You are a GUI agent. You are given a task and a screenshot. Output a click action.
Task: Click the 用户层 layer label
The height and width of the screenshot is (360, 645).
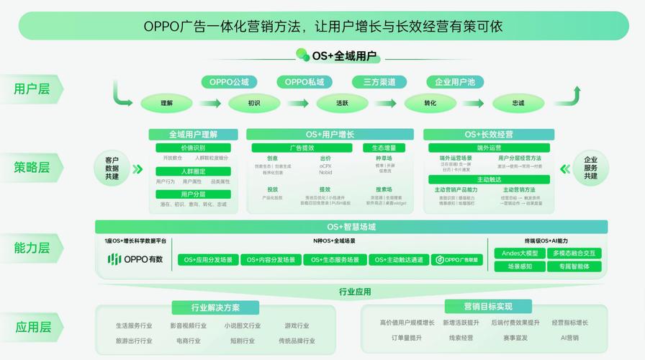pyautogui.click(x=32, y=89)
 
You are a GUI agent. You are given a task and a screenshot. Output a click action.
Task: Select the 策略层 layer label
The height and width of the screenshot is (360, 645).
pyautogui.click(x=32, y=168)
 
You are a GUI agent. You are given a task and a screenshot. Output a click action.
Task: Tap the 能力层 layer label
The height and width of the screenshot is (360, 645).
pyautogui.click(x=32, y=248)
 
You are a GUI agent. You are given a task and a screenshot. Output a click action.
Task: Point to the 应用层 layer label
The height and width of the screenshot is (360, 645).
pyautogui.click(x=32, y=328)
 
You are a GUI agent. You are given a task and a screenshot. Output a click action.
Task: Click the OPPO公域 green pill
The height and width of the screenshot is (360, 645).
pyautogui.click(x=229, y=82)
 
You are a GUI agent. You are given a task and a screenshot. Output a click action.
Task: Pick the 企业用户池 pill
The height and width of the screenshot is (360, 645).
pyautogui.click(x=451, y=82)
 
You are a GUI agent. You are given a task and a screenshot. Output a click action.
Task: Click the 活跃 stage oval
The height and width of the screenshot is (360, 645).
pyautogui.click(x=342, y=103)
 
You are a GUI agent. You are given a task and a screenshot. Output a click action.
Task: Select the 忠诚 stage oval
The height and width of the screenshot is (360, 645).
pyautogui.click(x=518, y=103)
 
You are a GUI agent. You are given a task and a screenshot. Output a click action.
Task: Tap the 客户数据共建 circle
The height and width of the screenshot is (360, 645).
pyautogui.click(x=112, y=168)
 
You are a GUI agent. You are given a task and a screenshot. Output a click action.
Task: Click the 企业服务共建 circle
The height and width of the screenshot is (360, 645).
pyautogui.click(x=590, y=168)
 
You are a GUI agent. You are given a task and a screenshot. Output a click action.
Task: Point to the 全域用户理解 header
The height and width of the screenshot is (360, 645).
pyautogui.click(x=193, y=135)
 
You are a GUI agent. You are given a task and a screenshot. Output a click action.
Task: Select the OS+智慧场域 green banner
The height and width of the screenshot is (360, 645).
pyautogui.click(x=351, y=227)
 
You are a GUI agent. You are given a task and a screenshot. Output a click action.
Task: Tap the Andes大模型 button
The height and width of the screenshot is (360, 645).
pyautogui.click(x=519, y=253)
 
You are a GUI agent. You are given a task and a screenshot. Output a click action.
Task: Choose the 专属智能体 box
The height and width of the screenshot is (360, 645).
pyautogui.click(x=573, y=266)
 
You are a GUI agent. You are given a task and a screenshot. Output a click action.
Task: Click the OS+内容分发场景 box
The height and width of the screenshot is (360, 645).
pyautogui.click(x=271, y=260)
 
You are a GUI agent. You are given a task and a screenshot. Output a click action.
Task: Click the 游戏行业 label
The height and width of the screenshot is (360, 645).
pyautogui.click(x=297, y=325)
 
